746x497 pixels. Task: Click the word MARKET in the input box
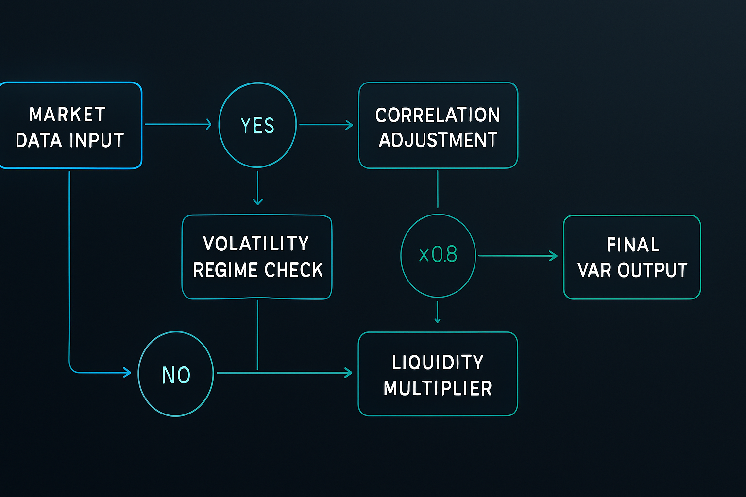(67, 115)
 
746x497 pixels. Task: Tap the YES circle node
(257, 125)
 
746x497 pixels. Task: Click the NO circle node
(176, 374)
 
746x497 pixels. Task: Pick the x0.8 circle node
(438, 255)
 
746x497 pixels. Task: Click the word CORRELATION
(438, 115)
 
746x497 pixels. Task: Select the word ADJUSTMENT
(438, 140)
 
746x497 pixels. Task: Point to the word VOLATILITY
(256, 244)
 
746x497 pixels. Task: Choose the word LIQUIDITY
(438, 363)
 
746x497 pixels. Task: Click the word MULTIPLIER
(438, 388)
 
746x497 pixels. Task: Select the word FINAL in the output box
(633, 245)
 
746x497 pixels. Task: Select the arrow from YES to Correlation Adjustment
(326, 125)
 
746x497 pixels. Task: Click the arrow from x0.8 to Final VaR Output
(517, 256)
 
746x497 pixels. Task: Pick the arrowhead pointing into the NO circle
(127, 373)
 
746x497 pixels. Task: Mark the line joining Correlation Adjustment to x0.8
(438, 189)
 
